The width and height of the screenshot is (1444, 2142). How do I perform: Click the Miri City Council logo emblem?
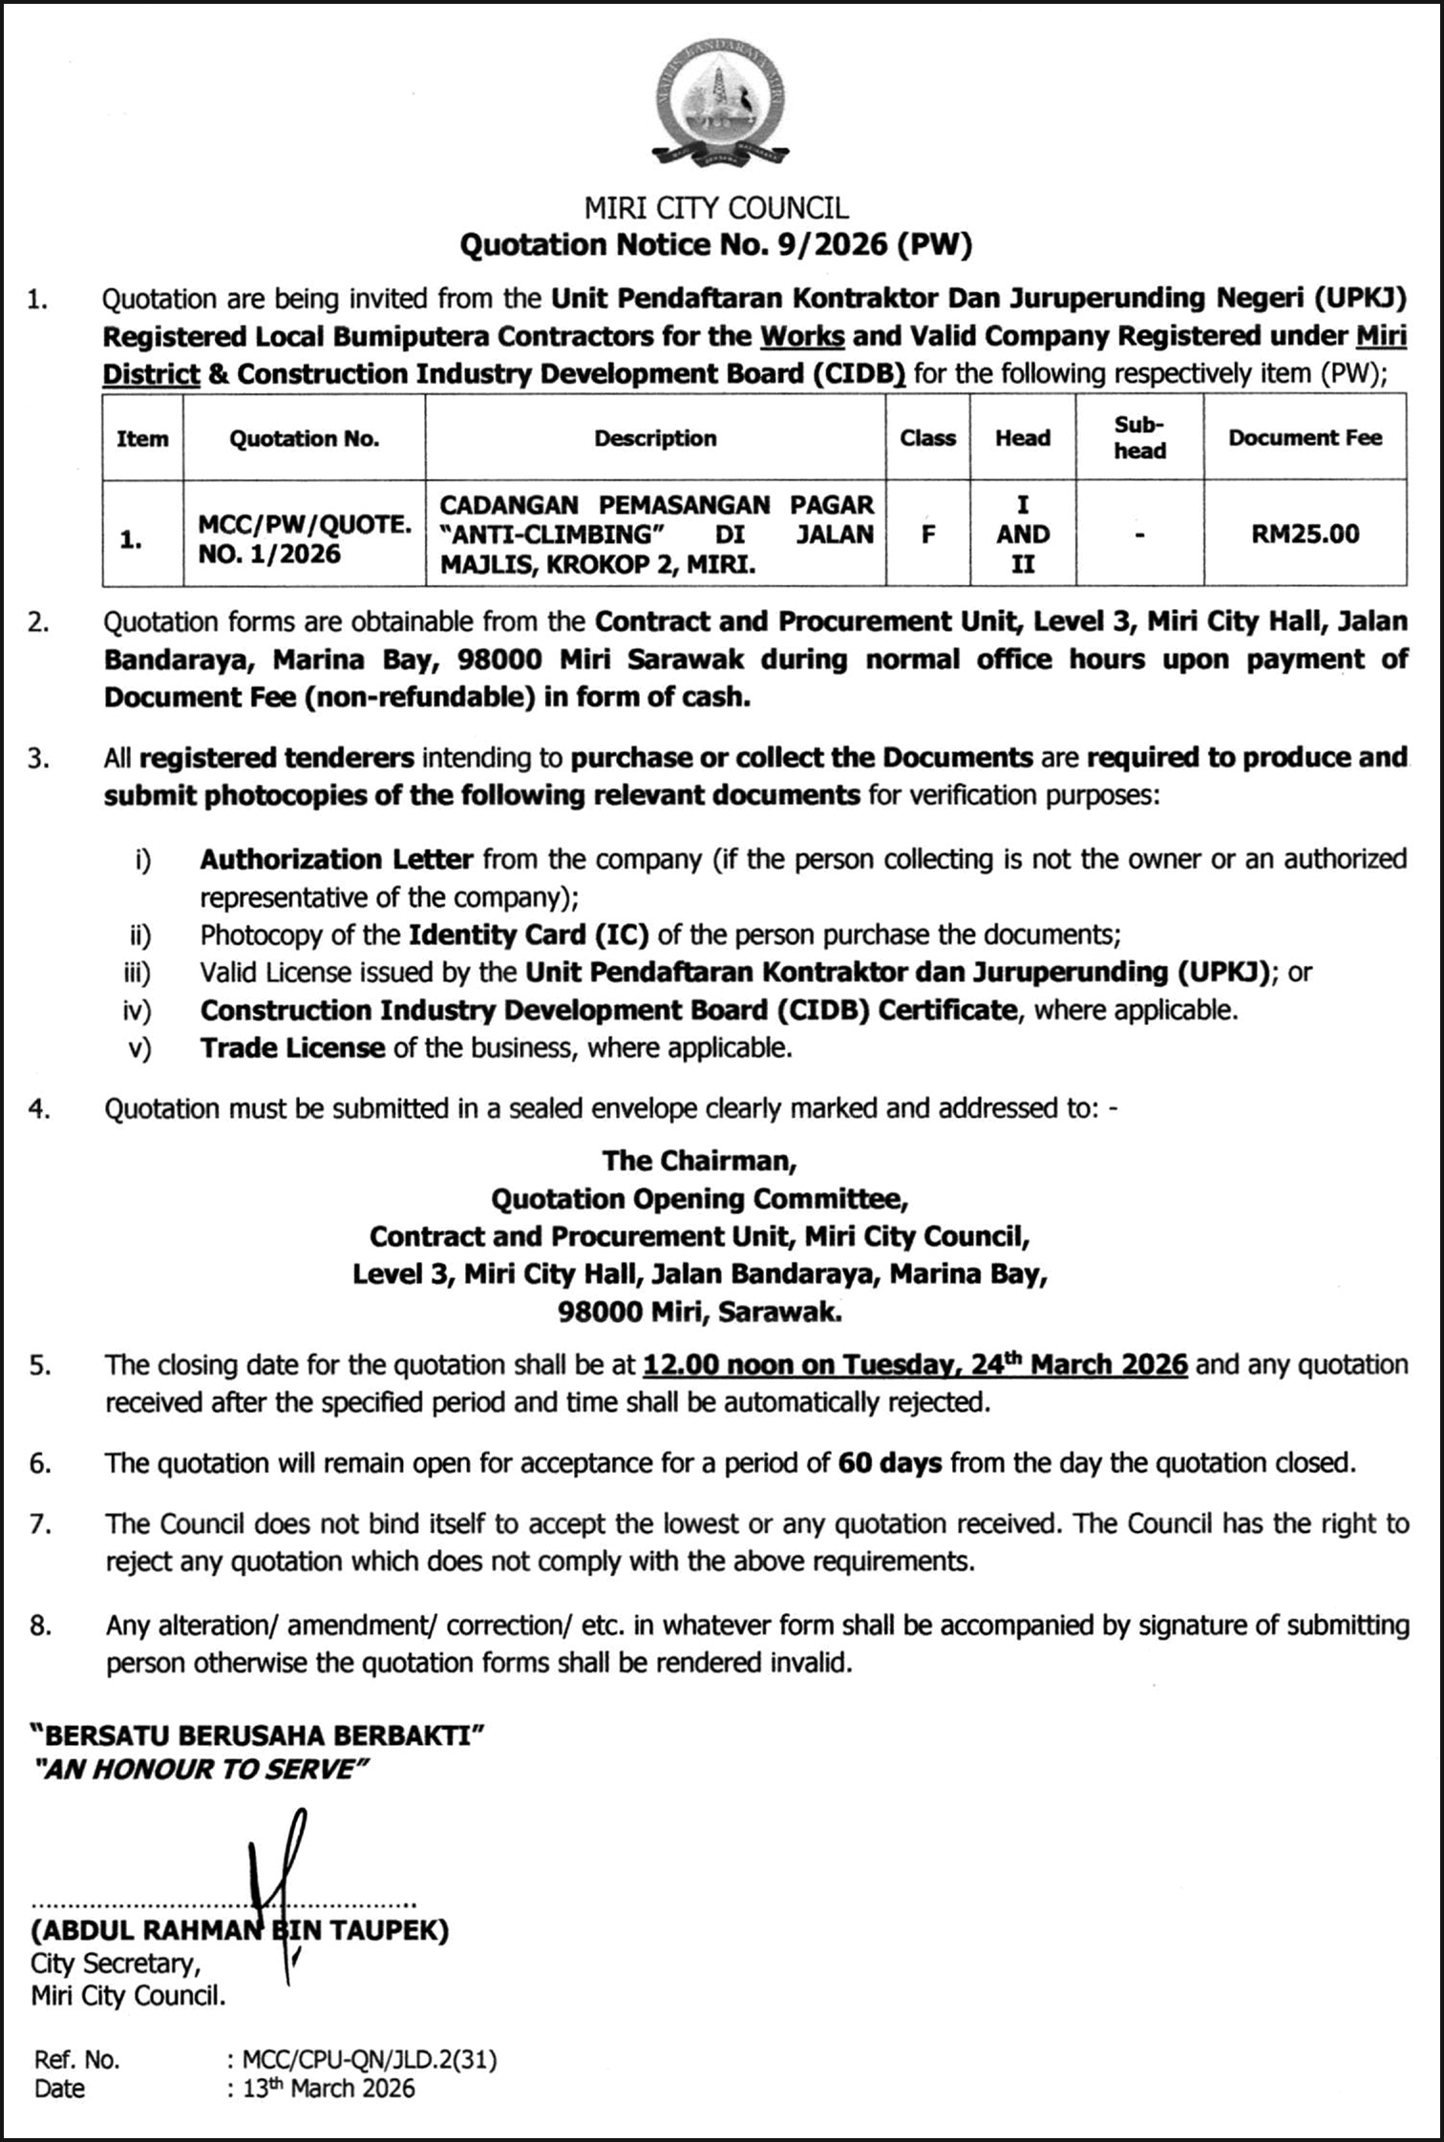point(720,105)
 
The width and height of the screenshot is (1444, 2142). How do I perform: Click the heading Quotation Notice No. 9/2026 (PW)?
point(715,245)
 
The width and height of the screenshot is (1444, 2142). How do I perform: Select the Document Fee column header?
point(1305,438)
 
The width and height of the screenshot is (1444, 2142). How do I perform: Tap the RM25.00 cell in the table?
point(1305,534)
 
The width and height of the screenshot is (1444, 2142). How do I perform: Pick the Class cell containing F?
point(927,535)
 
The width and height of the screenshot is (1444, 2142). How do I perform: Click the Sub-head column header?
point(1139,438)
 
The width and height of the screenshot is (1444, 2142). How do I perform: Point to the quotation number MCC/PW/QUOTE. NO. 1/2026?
point(304,539)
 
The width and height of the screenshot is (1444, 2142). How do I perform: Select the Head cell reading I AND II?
point(1023,535)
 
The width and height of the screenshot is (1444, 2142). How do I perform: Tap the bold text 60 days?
point(890,1462)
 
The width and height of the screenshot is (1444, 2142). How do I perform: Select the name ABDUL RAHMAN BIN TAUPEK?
point(239,1931)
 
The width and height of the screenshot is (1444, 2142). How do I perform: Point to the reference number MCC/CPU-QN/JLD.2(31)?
point(370,2060)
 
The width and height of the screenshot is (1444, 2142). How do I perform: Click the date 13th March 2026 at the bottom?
point(328,2089)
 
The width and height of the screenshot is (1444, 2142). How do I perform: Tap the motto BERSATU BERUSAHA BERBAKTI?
point(258,1735)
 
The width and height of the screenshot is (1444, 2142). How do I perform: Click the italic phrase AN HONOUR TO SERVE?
point(200,1770)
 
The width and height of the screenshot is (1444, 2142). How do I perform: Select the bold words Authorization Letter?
point(336,859)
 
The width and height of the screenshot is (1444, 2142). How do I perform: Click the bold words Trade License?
point(292,1048)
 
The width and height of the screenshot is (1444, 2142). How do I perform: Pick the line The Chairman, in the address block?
point(699,1161)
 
